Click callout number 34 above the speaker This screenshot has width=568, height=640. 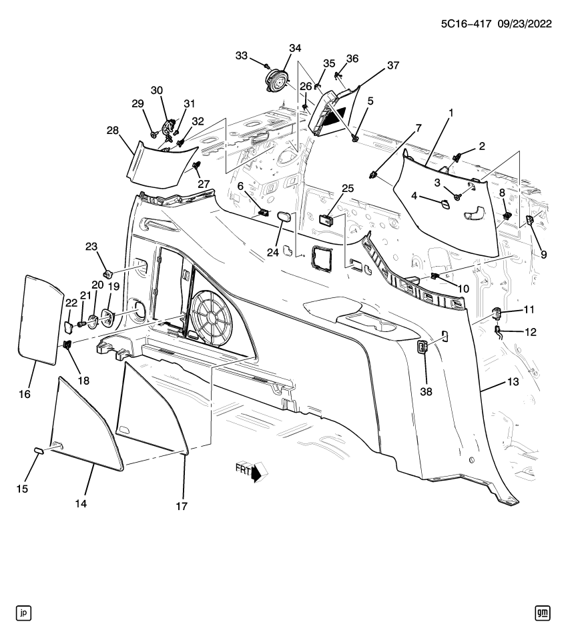click(x=294, y=48)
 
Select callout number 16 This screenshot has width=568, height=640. click(x=25, y=395)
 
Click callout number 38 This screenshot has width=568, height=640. click(x=426, y=391)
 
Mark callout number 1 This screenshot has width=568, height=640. click(x=451, y=114)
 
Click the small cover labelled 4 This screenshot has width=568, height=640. click(x=442, y=203)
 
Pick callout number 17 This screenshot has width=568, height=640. click(x=182, y=507)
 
